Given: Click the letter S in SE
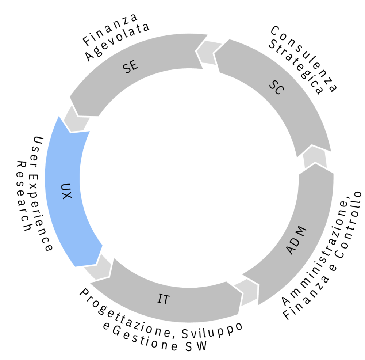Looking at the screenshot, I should click(x=127, y=69).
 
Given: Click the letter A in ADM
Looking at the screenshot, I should click(x=291, y=250).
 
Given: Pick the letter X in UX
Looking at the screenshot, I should click(x=66, y=196).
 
